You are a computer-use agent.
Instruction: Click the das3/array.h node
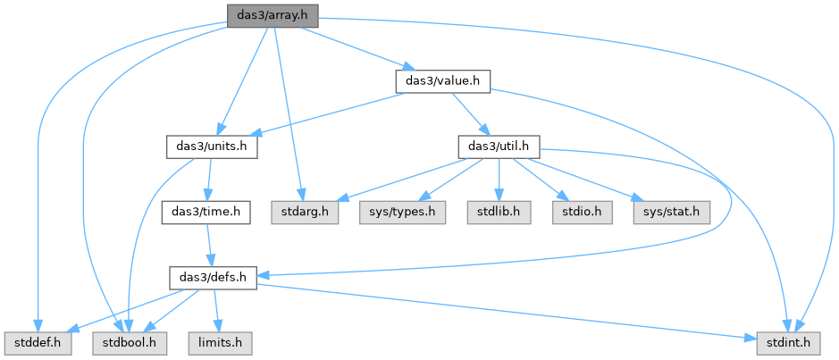tap(273, 15)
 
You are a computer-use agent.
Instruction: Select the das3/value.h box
tap(443, 81)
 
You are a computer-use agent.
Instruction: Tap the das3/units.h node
tap(212, 147)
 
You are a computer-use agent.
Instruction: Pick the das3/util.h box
tap(499, 147)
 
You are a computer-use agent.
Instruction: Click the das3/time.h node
tap(206, 213)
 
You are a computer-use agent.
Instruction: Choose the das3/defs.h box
tap(213, 278)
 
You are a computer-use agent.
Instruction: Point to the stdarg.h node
tap(305, 213)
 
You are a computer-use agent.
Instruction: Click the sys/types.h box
tap(402, 213)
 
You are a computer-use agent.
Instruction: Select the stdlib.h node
tap(499, 213)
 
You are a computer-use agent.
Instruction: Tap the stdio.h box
tap(583, 213)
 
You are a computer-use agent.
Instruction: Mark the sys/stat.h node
tap(672, 213)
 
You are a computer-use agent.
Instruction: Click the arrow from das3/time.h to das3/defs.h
tap(209, 246)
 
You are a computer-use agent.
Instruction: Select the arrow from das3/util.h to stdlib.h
tap(499, 180)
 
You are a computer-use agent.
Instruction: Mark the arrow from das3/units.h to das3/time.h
tap(209, 180)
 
